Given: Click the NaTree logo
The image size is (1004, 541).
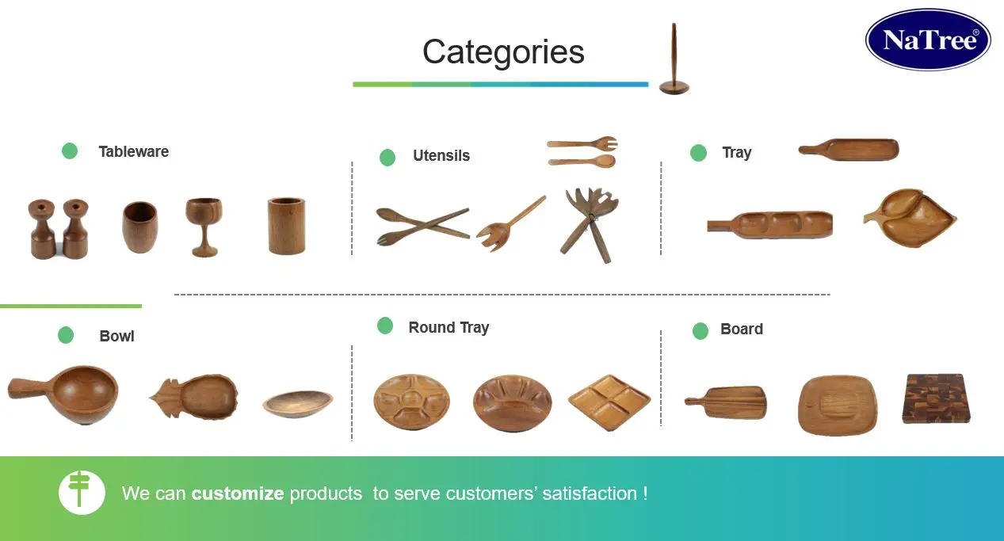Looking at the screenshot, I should pos(928,40).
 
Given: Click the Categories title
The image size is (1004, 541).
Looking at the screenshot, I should pos(503,52).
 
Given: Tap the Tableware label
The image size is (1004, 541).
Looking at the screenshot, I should pos(133,151).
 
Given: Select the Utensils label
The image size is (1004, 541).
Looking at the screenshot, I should pos(441,156).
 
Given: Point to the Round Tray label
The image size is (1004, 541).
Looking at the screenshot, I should pos(449,327).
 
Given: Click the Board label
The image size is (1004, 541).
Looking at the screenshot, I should pos(742,329).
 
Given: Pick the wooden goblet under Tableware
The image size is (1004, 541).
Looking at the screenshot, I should pos(204,226).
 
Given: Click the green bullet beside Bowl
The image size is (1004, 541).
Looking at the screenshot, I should pos(66,335).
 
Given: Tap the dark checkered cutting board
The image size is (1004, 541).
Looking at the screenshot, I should pos(936,398).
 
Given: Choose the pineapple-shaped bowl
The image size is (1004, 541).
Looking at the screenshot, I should pos(194,396).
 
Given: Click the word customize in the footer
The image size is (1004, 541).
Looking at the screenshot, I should pos(238,493).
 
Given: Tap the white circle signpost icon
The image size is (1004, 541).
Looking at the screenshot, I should pos(82,492).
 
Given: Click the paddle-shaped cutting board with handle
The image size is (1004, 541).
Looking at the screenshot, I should pos(726,402).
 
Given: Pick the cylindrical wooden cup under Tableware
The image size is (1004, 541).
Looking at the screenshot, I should pos(286,226).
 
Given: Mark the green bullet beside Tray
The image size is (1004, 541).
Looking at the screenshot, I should pos(698,153).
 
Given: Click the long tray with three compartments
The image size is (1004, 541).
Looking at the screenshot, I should pos(770,224).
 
